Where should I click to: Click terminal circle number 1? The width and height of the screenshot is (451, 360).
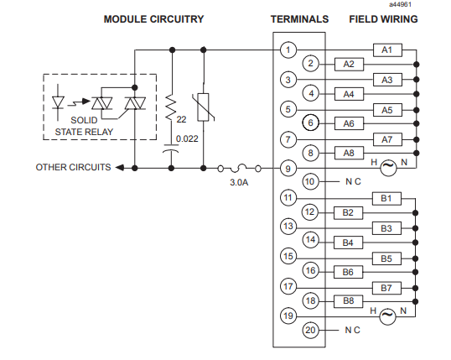point(288,50)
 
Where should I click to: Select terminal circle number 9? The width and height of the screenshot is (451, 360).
point(288,169)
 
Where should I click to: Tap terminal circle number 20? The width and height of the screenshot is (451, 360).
point(310,330)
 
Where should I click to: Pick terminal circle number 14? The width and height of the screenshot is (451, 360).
point(311,240)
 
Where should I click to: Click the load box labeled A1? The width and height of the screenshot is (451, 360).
point(387,50)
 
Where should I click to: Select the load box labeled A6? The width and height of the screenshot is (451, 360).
point(349,123)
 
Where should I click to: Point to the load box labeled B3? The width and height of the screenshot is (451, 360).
point(386,228)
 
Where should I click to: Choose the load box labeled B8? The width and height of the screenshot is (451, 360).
point(348,301)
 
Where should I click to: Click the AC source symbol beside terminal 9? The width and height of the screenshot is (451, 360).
point(388,168)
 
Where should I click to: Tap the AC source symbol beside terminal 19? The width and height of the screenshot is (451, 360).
point(387,316)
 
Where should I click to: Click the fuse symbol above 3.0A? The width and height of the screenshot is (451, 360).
point(239,168)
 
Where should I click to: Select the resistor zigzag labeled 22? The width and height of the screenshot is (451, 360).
point(171,108)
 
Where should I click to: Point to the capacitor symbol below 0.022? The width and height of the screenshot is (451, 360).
point(171,148)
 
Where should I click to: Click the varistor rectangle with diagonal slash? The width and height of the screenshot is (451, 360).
point(204,107)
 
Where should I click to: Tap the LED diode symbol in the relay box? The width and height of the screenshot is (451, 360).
point(58,102)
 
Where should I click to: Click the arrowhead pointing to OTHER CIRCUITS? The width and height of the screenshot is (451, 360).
point(120,168)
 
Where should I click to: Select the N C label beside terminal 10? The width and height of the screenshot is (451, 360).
point(353,182)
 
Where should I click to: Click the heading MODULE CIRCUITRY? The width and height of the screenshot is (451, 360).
point(153,19)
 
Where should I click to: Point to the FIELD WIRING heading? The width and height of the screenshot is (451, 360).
point(383,19)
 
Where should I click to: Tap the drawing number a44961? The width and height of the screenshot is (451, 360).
point(401,4)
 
